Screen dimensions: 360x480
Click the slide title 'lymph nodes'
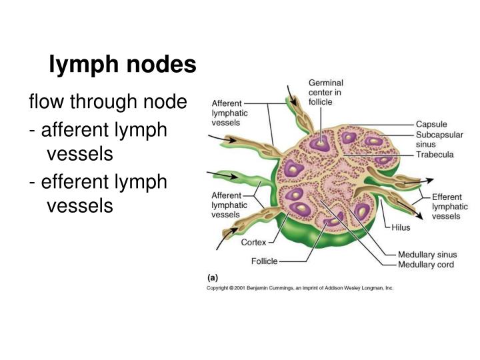pyautogui.click(x=123, y=65)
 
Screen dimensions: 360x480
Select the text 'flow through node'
pyautogui.click(x=107, y=102)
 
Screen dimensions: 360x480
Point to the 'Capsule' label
pyautogui.click(x=431, y=124)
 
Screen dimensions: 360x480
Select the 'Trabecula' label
pyautogui.click(x=435, y=155)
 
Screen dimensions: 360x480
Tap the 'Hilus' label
pyautogui.click(x=401, y=227)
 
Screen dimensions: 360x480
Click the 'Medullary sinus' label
pyautogui.click(x=427, y=255)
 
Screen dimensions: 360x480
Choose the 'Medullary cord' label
pyautogui.click(x=426, y=265)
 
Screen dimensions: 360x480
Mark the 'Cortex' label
pyautogui.click(x=253, y=243)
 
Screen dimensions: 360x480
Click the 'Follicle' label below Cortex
pyautogui.click(x=265, y=261)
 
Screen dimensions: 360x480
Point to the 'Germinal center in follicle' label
pyautogui.click(x=325, y=92)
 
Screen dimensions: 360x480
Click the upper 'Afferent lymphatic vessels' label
pyautogui.click(x=230, y=113)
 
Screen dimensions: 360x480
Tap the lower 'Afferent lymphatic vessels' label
pyautogui.click(x=230, y=205)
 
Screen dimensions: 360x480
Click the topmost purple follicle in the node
pyautogui.click(x=323, y=142)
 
